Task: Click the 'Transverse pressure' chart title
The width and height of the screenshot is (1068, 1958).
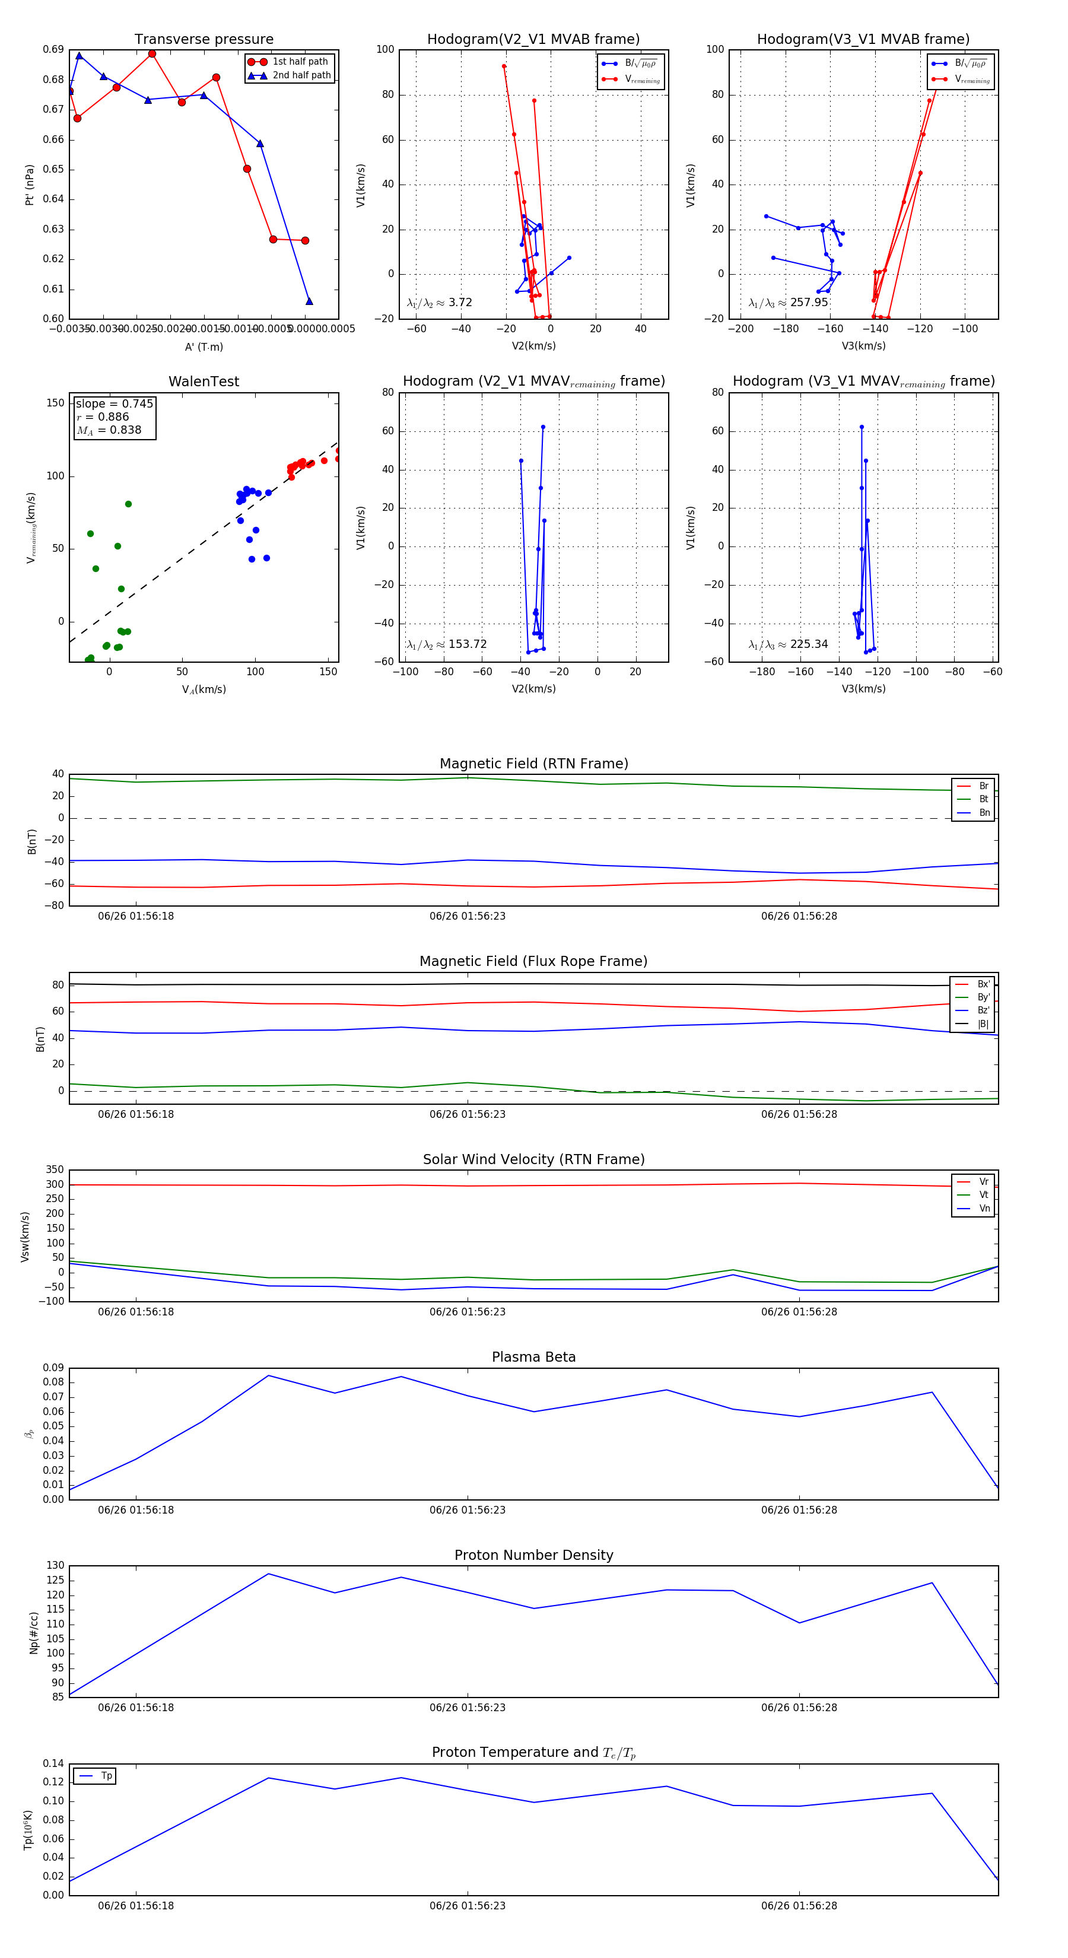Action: tap(204, 40)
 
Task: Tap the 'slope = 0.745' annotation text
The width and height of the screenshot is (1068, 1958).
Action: tap(114, 403)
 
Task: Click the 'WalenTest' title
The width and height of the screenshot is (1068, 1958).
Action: tap(204, 382)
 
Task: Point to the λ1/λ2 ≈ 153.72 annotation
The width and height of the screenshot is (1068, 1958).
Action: tap(446, 644)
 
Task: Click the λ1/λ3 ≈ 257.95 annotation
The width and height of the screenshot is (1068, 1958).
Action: tap(789, 303)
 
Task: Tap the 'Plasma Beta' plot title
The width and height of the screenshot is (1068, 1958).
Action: tap(533, 1357)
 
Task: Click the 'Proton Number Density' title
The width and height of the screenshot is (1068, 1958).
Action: tap(533, 1555)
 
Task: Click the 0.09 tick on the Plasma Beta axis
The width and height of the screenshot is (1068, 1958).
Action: tap(53, 1368)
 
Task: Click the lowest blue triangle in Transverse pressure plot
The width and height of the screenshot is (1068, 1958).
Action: tap(309, 301)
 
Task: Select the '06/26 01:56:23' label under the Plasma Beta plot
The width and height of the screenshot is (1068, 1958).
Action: tap(468, 1509)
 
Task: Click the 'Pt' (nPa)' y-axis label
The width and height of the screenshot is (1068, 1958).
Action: tap(30, 185)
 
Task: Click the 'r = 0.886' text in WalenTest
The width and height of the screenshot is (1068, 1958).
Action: tap(103, 417)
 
